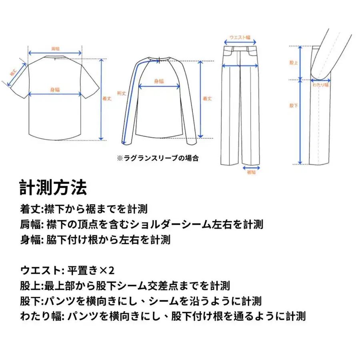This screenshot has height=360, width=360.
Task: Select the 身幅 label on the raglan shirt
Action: [159, 81]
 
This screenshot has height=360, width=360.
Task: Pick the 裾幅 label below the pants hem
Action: [251, 173]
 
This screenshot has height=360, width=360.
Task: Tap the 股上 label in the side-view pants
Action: [293, 63]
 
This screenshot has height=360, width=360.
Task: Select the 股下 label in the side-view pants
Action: [293, 106]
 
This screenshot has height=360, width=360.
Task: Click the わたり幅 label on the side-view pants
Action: [320, 85]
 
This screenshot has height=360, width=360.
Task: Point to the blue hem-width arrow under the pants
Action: [251, 168]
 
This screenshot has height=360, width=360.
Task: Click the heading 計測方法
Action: [53, 187]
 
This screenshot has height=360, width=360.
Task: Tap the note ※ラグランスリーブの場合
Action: [158, 158]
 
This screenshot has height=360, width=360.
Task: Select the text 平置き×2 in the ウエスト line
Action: [91, 271]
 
